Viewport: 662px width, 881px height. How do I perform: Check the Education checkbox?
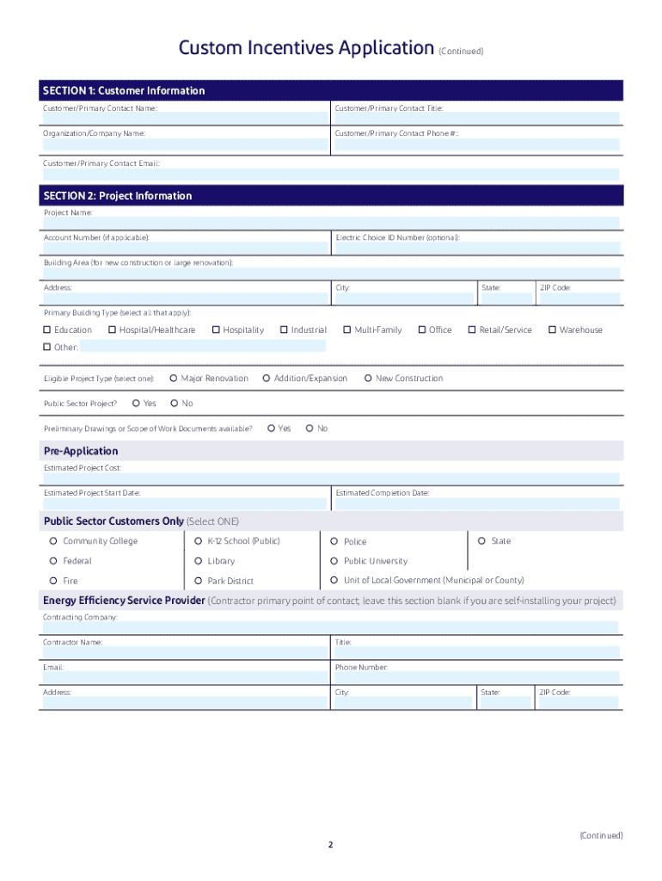[47, 330]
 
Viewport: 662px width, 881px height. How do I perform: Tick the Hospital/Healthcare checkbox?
[112, 330]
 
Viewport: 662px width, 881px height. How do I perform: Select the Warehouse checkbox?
[552, 330]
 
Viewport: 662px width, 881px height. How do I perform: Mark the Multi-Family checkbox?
[347, 330]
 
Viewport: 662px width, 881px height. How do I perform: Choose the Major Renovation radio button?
[174, 379]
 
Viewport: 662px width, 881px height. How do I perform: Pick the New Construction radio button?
[368, 379]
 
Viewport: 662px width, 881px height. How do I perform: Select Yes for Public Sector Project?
[137, 404]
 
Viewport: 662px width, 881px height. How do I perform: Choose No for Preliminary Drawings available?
[310, 428]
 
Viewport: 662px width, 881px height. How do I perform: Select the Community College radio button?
[54, 541]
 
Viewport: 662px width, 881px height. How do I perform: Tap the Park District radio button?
[199, 581]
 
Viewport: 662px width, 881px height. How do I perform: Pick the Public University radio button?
[335, 561]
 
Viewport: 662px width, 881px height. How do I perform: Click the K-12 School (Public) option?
[199, 541]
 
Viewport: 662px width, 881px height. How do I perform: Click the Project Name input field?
[331, 224]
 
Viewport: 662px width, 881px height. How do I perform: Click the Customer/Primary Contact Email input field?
[331, 174]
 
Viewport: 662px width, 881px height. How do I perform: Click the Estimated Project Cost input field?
[331, 478]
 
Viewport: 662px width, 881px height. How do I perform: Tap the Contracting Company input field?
[331, 628]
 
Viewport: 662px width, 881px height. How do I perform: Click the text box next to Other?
[203, 347]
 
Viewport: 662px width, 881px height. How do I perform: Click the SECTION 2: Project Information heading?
[118, 196]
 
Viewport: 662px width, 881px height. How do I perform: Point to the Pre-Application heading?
[81, 451]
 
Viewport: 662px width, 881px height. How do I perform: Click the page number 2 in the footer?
[329, 845]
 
